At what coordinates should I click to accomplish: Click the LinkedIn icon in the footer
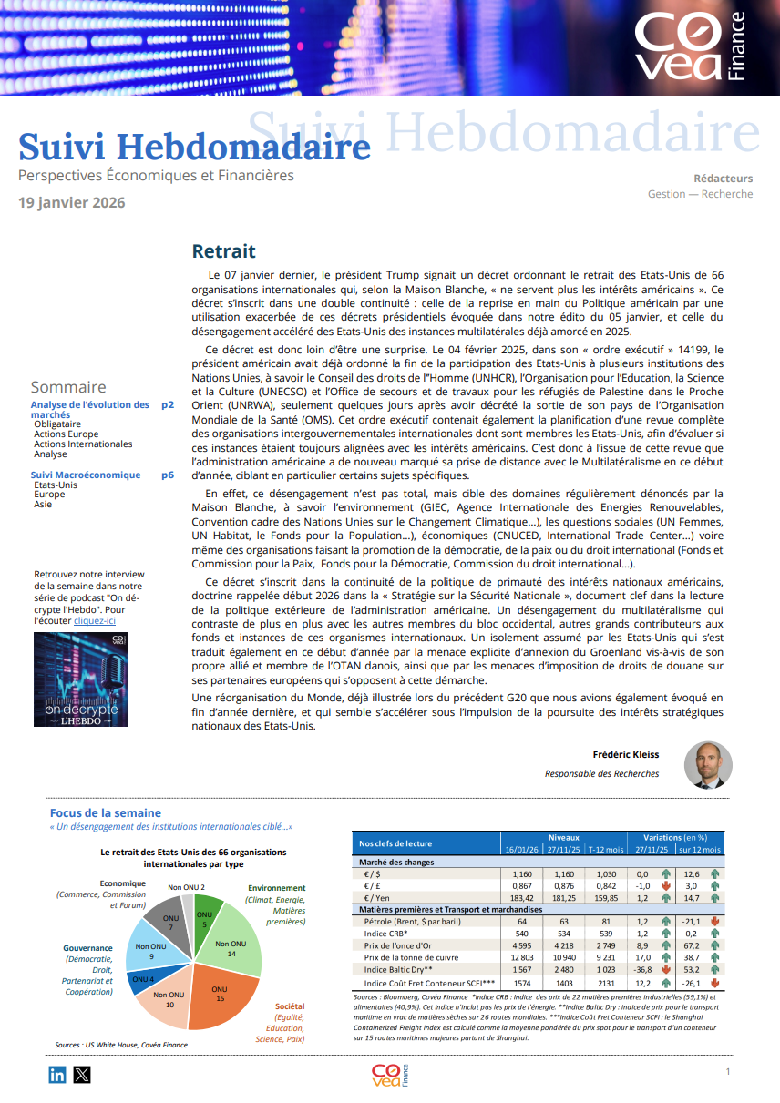tap(57, 1075)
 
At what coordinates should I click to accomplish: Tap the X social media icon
tap(82, 1075)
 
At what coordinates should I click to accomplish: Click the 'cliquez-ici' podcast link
tap(94, 620)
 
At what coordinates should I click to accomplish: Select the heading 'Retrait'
tap(223, 251)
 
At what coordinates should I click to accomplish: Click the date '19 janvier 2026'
tap(72, 202)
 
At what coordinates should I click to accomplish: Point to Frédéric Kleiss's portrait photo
tap(708, 764)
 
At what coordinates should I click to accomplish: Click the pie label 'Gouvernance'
tap(87, 948)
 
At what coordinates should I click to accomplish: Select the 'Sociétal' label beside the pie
tap(290, 1006)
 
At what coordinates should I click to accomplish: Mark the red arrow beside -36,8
tap(665, 971)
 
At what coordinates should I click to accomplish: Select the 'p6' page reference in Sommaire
tap(168, 475)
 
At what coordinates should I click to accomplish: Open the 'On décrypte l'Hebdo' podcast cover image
tap(80, 679)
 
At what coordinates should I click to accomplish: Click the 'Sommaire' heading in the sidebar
tap(67, 387)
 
